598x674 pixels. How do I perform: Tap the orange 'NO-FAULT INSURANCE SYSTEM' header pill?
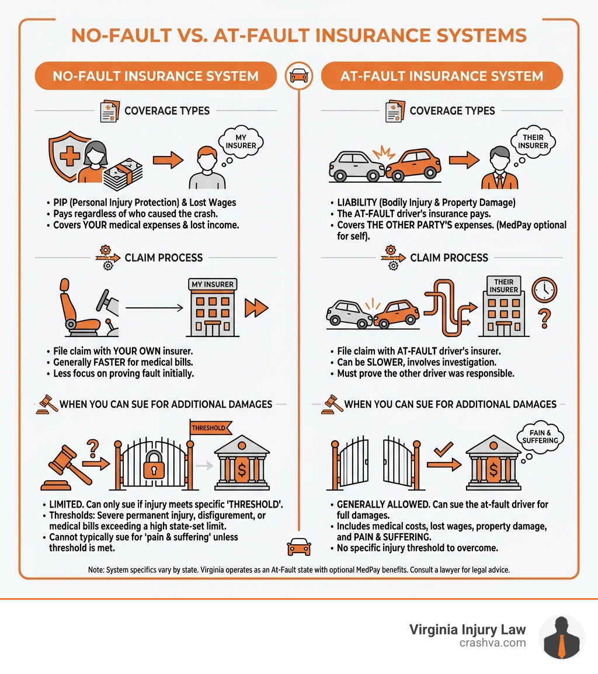coord(155,76)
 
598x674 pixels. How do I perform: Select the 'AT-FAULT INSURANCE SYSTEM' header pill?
coord(442,76)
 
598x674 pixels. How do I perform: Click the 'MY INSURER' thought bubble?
coord(241,139)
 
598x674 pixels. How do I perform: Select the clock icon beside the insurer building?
coord(544,289)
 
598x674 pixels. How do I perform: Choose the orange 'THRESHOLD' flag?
coord(208,428)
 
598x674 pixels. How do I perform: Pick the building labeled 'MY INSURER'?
coord(212,308)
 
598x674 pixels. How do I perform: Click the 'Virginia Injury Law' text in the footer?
coord(467,629)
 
